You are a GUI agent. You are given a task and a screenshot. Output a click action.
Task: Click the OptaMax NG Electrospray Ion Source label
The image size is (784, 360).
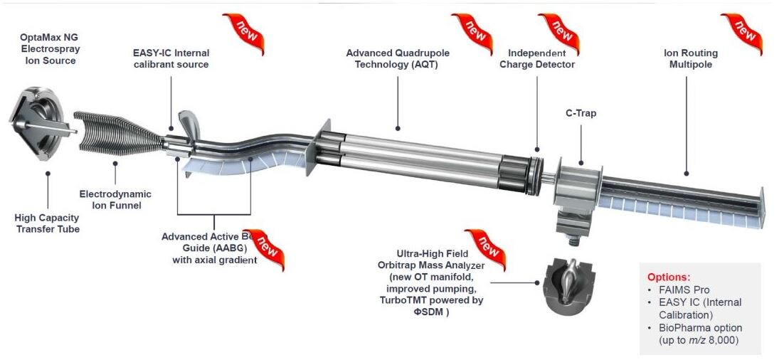tap(48, 46)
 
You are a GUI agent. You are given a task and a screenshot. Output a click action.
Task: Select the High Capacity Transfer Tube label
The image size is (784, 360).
tap(48, 223)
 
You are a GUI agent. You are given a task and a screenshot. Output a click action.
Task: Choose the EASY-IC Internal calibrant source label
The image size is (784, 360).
tap(171, 58)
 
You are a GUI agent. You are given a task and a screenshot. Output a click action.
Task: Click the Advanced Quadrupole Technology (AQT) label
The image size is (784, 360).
tap(398, 58)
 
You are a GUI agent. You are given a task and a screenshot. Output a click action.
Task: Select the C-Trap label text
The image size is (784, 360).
tap(581, 112)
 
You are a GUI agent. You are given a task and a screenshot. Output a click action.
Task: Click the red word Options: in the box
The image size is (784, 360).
tap(669, 276)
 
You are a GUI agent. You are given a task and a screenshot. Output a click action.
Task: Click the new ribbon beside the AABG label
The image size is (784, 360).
tap(268, 249)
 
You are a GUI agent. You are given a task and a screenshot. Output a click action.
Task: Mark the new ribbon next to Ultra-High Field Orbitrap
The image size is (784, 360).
tap(486, 249)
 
